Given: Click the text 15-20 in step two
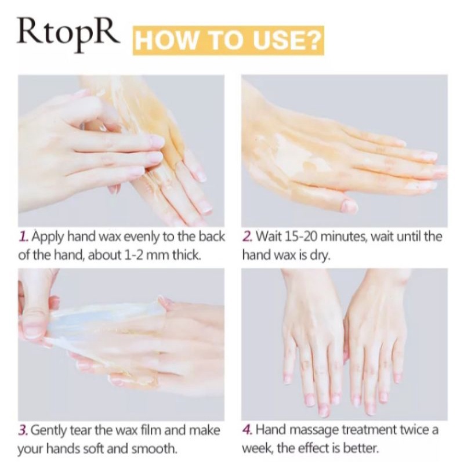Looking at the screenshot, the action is coord(300,237).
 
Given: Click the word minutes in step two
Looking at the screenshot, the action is coord(343,237).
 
